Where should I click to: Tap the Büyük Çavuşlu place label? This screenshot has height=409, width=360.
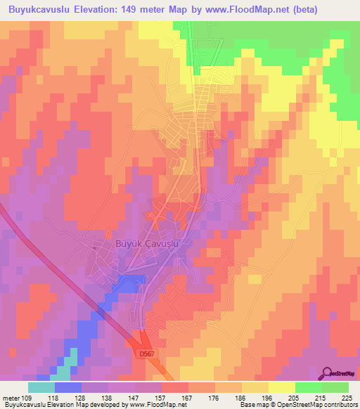pos(148,243)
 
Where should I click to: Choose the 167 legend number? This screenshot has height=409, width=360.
pos(188,397)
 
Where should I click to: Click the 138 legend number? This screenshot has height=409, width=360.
pos(108,397)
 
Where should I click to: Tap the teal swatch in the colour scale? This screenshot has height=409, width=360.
pos(41,387)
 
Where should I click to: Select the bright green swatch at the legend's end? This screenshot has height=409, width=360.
pos(335,387)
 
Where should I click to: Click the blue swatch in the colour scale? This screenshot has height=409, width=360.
pos(67,387)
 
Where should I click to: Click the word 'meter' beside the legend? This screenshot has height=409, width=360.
pos(11,397)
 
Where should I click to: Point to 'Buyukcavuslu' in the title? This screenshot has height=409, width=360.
pos(39,10)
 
